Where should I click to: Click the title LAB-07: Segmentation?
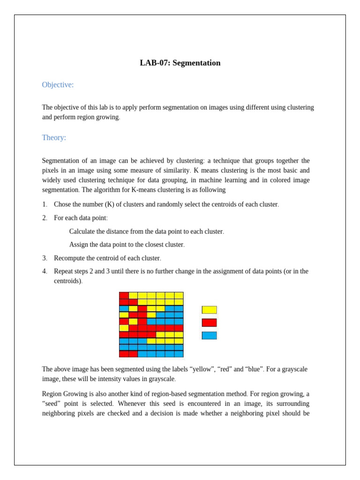point(180,63)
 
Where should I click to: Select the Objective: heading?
point(58,85)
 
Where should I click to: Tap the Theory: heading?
point(54,137)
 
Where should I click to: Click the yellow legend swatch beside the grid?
point(209,310)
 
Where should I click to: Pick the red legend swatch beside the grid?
point(209,322)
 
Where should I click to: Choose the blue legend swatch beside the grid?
point(209,336)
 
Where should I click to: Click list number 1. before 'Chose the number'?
point(45,204)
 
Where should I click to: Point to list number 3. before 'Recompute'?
point(45,258)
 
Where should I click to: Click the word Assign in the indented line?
point(78,245)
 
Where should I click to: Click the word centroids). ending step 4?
point(68,281)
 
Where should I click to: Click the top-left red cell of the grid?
point(124,295)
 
